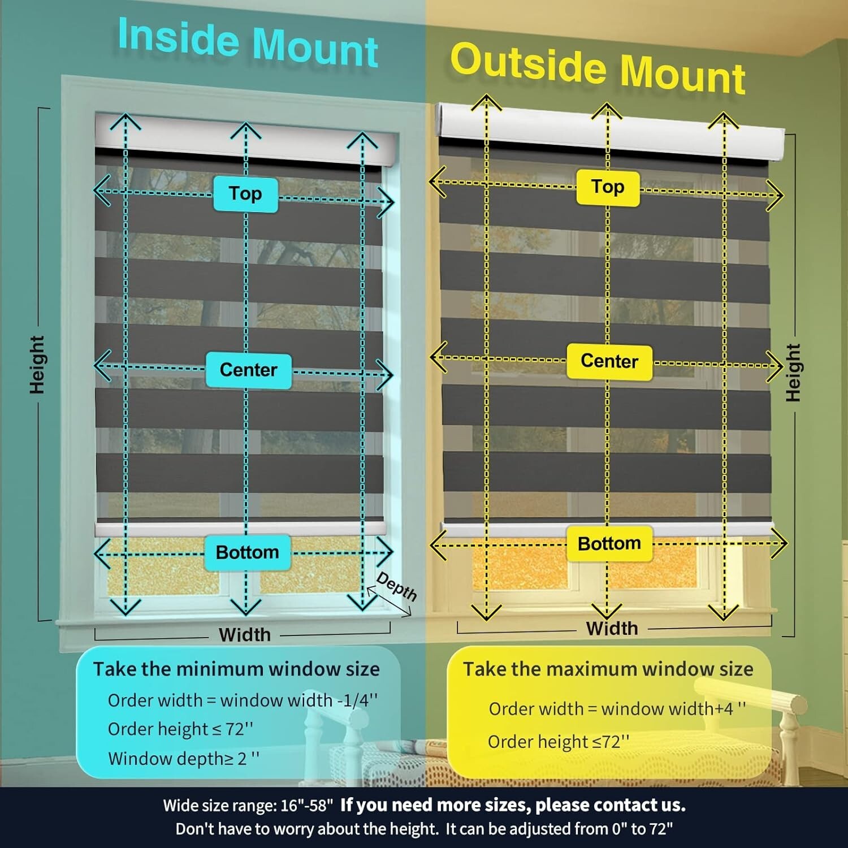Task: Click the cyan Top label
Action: pos(245,194)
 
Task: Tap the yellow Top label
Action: pos(608,187)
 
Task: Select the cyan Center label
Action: pos(249,370)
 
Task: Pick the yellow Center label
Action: pos(609,361)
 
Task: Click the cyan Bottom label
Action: pos(248,552)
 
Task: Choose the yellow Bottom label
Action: pos(609,544)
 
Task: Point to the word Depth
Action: pos(397,586)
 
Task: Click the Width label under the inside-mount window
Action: pos(245,635)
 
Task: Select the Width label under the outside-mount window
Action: pos(612,628)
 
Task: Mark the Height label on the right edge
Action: pos(794,373)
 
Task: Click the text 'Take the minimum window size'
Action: pos(236,669)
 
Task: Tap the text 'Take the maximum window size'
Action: pos(608,669)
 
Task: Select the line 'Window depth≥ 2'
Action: pos(184,759)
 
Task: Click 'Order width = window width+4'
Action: pos(617,709)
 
